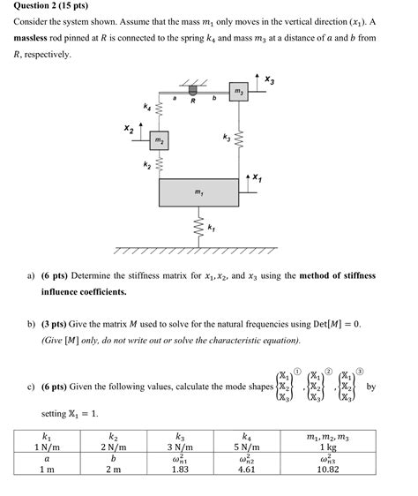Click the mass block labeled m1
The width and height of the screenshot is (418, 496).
pos(198,193)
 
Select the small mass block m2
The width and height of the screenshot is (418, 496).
pos(158,141)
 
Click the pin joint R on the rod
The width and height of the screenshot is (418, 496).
pos(192,92)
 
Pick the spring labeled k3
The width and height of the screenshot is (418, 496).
pos(239,139)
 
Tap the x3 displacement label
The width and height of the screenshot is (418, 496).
pos(269,81)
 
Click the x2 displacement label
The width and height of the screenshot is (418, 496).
pos(129,130)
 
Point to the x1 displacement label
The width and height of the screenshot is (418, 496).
pos(257,178)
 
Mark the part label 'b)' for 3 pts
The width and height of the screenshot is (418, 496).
pos(34,324)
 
